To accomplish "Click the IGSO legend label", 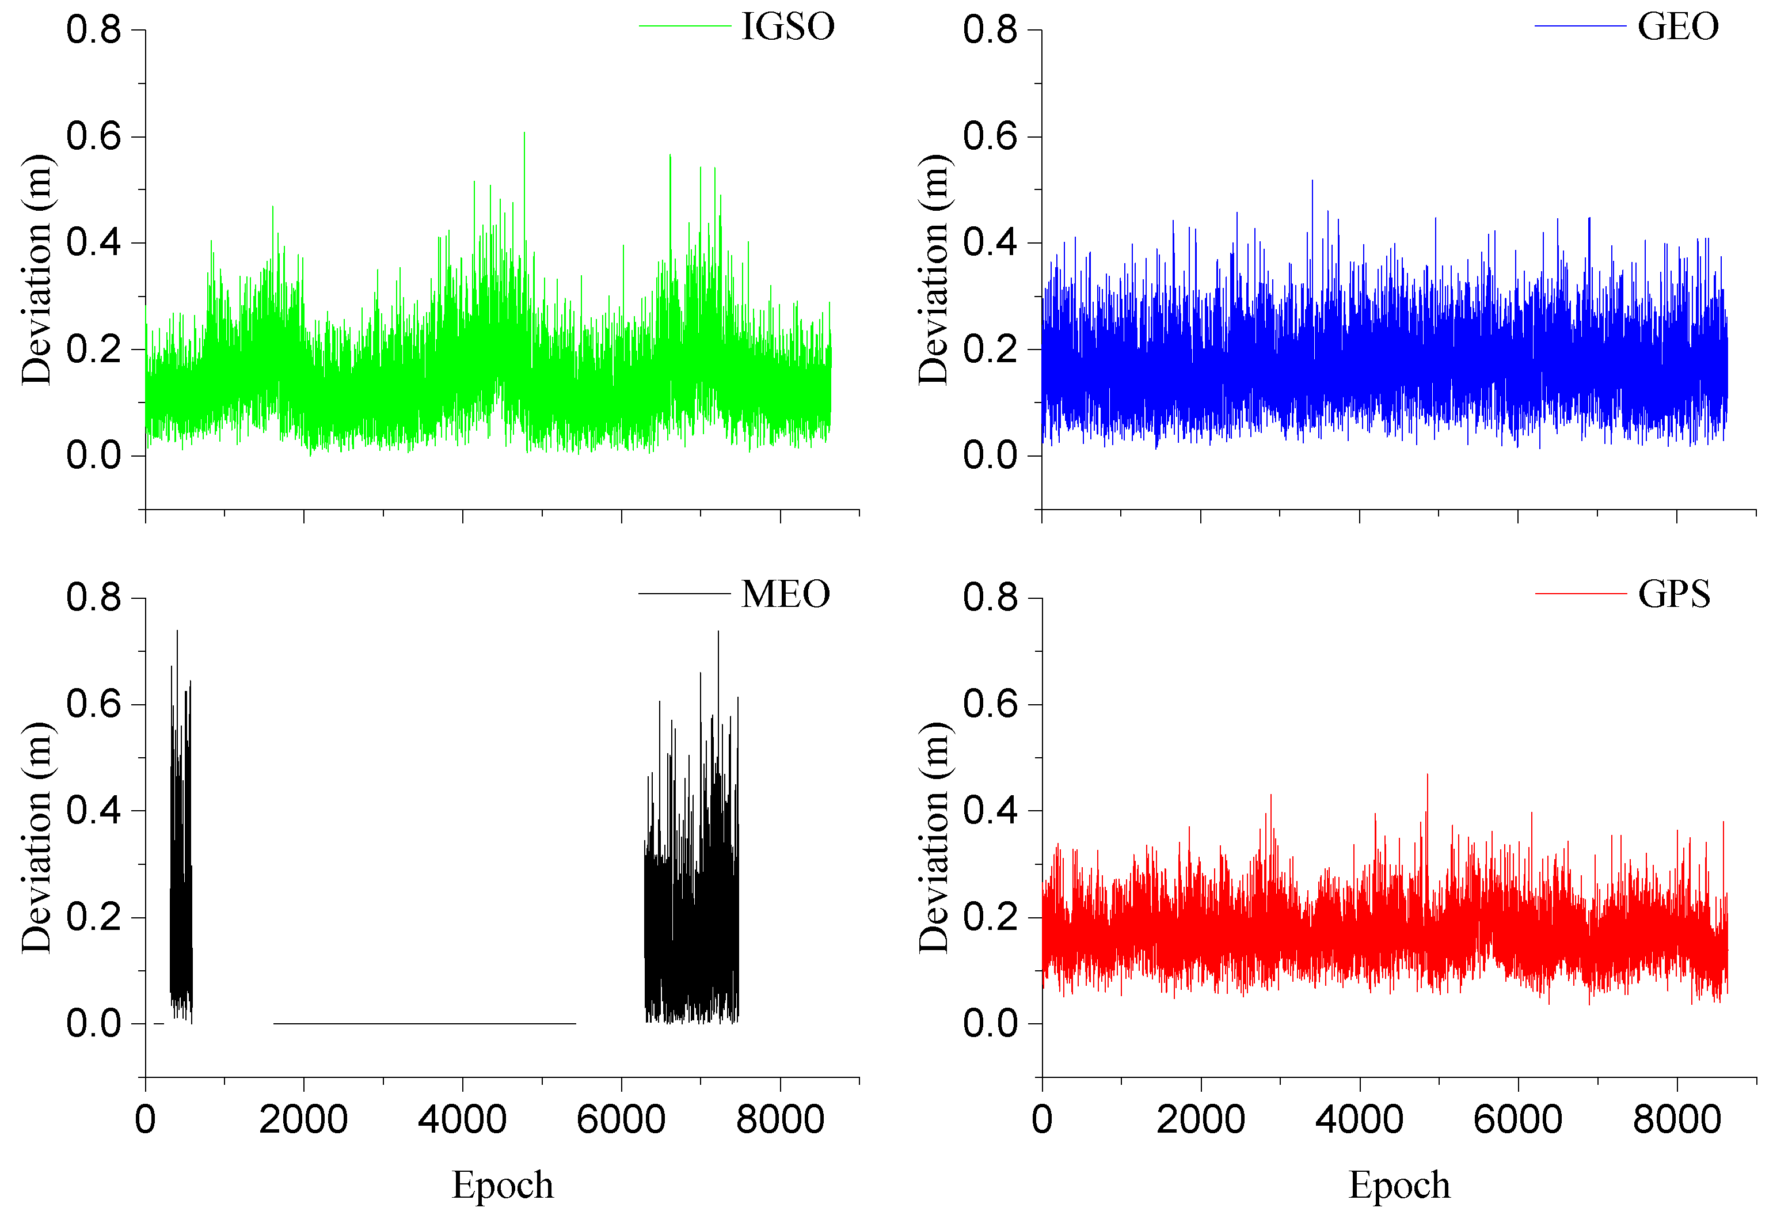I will tap(788, 28).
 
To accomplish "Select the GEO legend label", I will tap(1677, 28).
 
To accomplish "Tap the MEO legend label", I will tap(786, 595).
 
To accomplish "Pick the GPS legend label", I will tap(1674, 595).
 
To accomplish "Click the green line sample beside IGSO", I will tap(685, 26).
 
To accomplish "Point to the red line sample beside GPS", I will tap(1581, 594).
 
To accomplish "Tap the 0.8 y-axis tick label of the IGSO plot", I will tap(94, 31).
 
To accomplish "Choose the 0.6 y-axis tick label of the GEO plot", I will tap(990, 136).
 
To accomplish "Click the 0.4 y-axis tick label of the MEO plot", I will tap(94, 810).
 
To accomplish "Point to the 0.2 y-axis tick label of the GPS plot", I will tap(990, 917).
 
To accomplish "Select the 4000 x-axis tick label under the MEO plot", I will tap(463, 1121).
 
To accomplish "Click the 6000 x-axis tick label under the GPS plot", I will tap(1517, 1121).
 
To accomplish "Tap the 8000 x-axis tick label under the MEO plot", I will tap(781, 1121).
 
